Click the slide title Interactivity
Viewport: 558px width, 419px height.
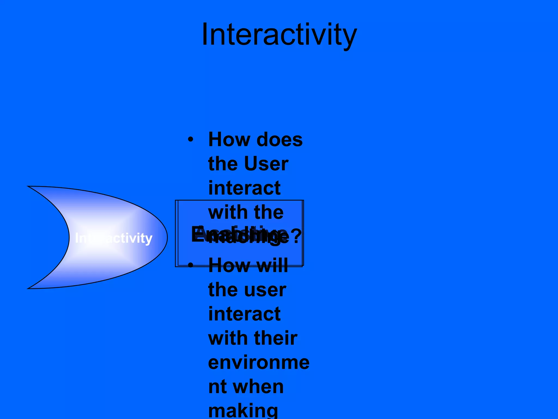[279, 35]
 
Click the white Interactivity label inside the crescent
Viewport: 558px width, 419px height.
[113, 238]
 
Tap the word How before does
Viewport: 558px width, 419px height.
[229, 140]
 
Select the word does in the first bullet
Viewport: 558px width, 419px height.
[280, 140]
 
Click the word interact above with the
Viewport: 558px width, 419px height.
[244, 188]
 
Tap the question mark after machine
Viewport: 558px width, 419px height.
[296, 236]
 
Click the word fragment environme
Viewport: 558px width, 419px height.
[259, 363]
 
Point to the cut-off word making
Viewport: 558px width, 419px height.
[243, 411]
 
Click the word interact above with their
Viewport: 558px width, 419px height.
[244, 314]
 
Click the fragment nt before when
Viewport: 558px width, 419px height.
[218, 387]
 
